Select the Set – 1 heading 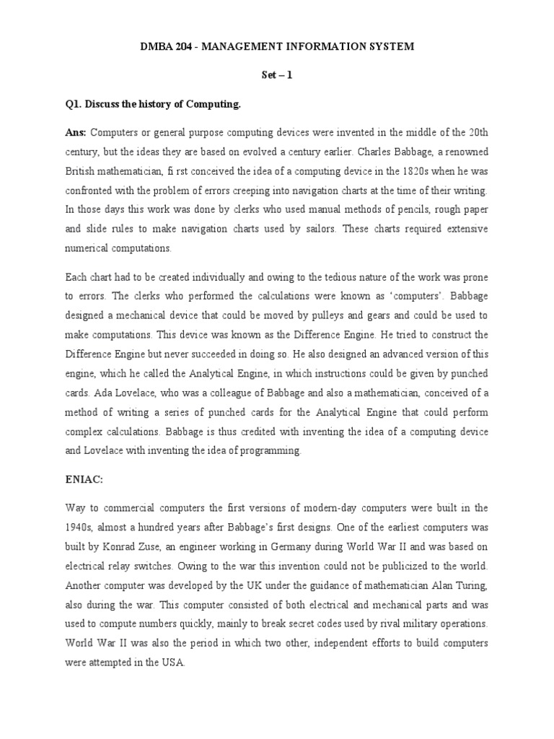277,75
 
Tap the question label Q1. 74,104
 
